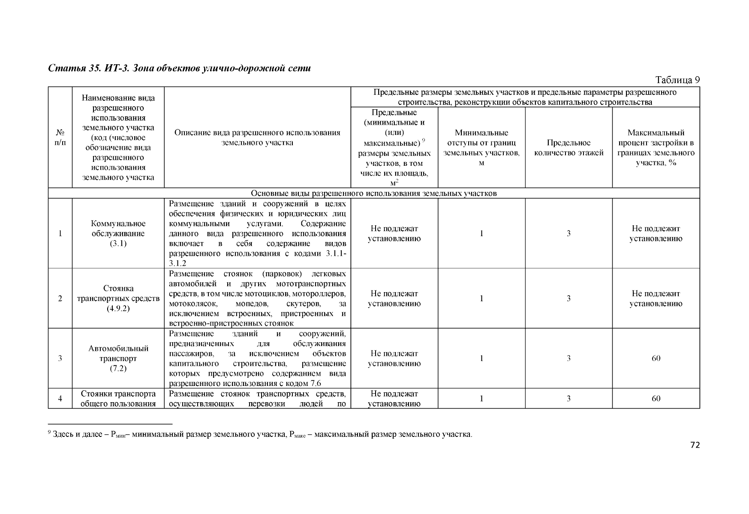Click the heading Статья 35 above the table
coord(179,68)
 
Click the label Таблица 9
coord(677,80)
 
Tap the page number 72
coord(695,445)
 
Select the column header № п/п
coord(60,137)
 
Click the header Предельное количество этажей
coord(569,148)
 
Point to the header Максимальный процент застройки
coord(656,148)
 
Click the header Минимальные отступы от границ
coord(481,148)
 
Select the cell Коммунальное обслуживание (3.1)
coord(118,233)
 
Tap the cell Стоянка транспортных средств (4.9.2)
coord(118,298)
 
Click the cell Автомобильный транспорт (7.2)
coord(118,358)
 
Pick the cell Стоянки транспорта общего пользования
coord(118,398)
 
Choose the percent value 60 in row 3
coord(656,358)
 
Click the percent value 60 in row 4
coord(656,398)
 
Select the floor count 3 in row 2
coord(569,298)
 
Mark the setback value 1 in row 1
coord(481,233)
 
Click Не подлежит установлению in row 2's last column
coord(656,299)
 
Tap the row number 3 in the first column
coord(60,358)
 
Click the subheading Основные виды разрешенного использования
coord(373,193)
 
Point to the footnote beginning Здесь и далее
coord(262,435)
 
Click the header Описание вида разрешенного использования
coord(257,137)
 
